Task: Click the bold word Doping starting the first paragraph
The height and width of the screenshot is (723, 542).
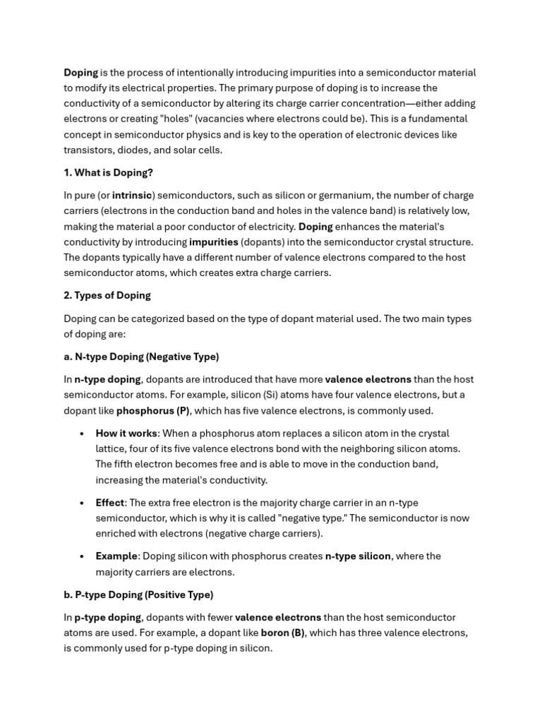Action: (x=81, y=73)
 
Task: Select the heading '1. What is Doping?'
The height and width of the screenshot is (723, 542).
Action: (x=108, y=172)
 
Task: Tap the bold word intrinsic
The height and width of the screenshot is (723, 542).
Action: (x=132, y=196)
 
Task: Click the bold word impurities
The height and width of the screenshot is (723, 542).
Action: (x=214, y=242)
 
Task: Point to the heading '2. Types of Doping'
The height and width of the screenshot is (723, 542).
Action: (x=107, y=295)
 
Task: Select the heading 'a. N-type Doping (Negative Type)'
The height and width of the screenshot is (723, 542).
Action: (x=141, y=357)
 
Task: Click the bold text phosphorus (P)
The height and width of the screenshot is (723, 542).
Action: (x=153, y=410)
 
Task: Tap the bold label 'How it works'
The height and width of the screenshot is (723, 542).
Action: (x=126, y=434)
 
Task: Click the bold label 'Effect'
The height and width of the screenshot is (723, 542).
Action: (x=110, y=503)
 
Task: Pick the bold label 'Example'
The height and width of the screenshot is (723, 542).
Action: (x=116, y=556)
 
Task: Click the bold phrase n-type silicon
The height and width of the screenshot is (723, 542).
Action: (x=358, y=556)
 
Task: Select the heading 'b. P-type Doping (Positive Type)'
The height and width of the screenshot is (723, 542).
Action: (x=138, y=594)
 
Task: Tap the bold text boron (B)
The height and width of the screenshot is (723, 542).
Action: (x=282, y=633)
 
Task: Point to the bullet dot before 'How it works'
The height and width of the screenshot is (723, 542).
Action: (x=83, y=434)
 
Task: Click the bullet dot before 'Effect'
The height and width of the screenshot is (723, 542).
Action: (x=83, y=503)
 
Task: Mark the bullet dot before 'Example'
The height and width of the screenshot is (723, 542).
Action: (x=83, y=556)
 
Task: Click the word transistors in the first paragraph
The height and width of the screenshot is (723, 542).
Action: (x=88, y=150)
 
